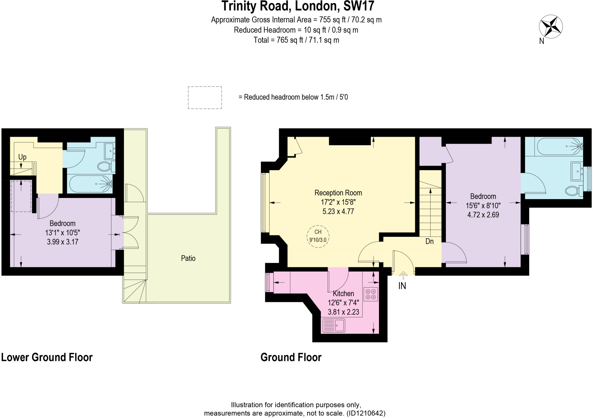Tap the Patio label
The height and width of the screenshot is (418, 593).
pyautogui.click(x=188, y=258)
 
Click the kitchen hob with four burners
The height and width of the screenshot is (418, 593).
pyautogui.click(x=371, y=294)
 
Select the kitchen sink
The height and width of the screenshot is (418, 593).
pyautogui.click(x=333, y=325)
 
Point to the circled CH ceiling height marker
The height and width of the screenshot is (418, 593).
pyautogui.click(x=318, y=236)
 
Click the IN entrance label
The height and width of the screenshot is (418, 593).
pyautogui.click(x=402, y=286)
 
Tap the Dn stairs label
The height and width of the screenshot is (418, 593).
pyautogui.click(x=429, y=241)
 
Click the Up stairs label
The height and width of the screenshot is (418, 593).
pyautogui.click(x=22, y=157)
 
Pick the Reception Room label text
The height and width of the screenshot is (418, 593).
pyautogui.click(x=338, y=193)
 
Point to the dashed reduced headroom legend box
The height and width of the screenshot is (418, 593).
pyautogui.click(x=205, y=98)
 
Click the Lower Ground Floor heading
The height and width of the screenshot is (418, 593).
pyautogui.click(x=47, y=357)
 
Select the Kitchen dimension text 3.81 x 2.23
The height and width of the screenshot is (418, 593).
pyautogui.click(x=343, y=312)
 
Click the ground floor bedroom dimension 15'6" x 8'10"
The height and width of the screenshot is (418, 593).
pyautogui.click(x=483, y=206)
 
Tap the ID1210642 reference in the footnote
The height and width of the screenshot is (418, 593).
pyautogui.click(x=366, y=413)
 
